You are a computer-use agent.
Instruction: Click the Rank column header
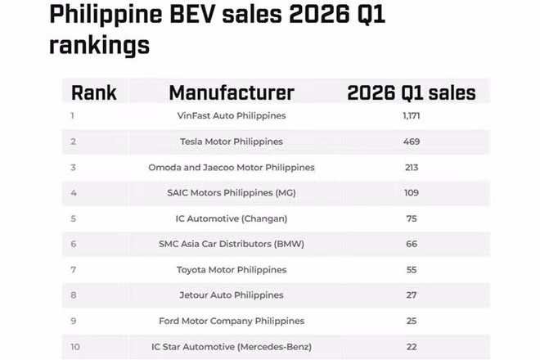pos(94,92)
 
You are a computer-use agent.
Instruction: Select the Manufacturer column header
pos(232,92)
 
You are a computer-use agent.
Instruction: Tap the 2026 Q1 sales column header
pos(411,92)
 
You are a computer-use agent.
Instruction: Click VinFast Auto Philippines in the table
pos(232,116)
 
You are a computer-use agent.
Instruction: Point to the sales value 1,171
pos(411,116)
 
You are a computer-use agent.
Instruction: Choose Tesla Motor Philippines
pos(232,142)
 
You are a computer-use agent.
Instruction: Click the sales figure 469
pos(411,142)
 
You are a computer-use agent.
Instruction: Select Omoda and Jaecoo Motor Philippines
pos(232,167)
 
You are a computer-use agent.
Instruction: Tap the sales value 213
pos(411,167)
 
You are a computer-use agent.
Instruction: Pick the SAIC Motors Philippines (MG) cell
pos(232,192)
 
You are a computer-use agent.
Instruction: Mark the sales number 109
pos(411,192)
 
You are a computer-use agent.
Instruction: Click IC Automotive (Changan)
pos(232,218)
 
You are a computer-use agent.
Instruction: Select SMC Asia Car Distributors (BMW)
pos(232,244)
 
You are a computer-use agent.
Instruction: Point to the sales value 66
pos(411,244)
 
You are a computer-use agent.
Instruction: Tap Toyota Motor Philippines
pos(232,269)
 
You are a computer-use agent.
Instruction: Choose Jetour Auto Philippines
pos(232,295)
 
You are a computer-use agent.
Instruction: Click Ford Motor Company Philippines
pos(232,321)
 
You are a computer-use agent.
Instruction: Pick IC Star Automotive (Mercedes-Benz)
pos(232,346)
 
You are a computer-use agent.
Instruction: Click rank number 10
pos(75,346)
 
